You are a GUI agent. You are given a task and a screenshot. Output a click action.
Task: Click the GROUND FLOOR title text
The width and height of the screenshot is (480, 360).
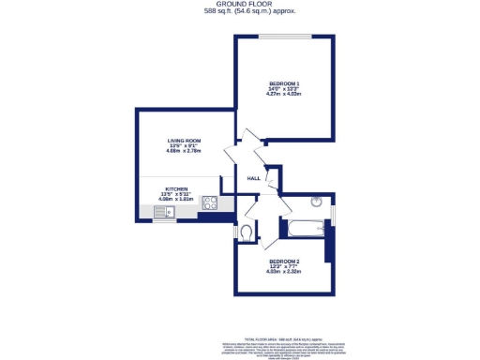pos(239,4)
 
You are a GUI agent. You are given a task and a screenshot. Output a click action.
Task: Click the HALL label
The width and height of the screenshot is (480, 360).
pos(253,179)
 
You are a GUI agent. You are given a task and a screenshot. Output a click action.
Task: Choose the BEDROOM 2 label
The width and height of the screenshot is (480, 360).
pos(283,261)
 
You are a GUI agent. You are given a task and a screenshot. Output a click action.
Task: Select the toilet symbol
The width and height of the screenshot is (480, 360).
pos(246,232)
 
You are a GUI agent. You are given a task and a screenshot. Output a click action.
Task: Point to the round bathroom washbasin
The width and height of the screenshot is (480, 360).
pos(316,201)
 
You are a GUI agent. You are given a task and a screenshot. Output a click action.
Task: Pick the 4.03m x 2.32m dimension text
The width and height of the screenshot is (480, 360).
pos(283,272)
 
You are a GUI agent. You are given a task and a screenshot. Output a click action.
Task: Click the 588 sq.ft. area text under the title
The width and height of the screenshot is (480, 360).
pos(239,12)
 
